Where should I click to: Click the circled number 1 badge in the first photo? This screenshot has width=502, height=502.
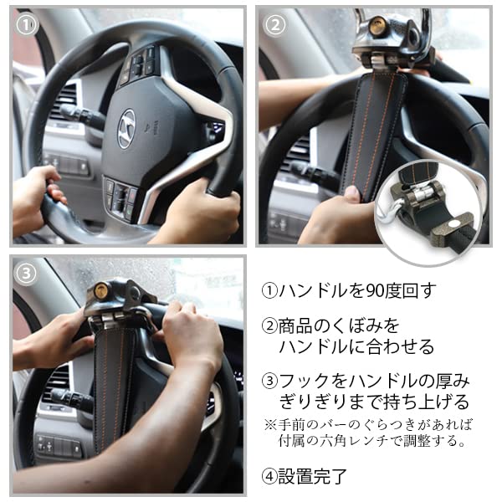point(28,25)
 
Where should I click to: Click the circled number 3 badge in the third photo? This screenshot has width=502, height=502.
point(28,273)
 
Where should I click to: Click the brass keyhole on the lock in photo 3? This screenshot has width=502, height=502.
point(102,292)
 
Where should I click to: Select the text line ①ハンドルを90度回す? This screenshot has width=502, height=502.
point(349,292)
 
